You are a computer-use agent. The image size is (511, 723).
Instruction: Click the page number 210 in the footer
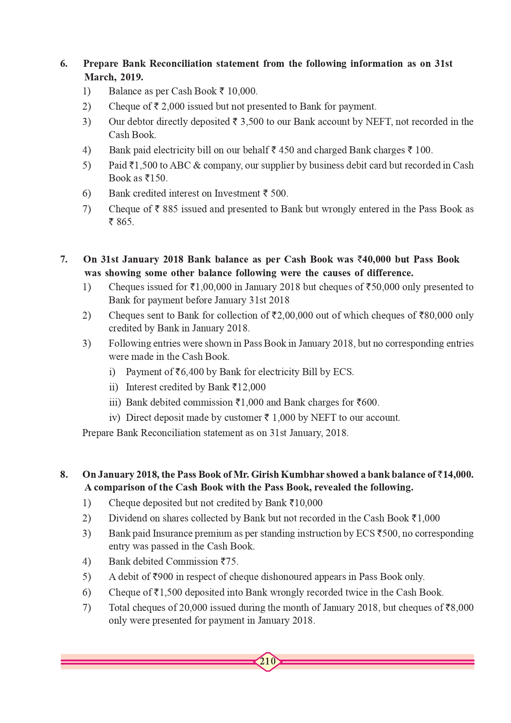click(x=268, y=662)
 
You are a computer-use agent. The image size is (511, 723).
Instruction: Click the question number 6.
click(x=64, y=64)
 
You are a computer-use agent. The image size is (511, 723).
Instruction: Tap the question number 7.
click(x=64, y=260)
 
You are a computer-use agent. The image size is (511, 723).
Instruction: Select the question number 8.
click(x=64, y=475)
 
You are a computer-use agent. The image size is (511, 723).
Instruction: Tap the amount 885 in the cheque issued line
click(x=170, y=209)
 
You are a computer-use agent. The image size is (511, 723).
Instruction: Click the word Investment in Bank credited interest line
click(x=236, y=194)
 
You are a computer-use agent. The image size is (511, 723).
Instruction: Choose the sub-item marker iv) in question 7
click(x=114, y=418)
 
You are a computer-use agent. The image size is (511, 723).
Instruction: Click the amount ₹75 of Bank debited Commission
click(x=229, y=562)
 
